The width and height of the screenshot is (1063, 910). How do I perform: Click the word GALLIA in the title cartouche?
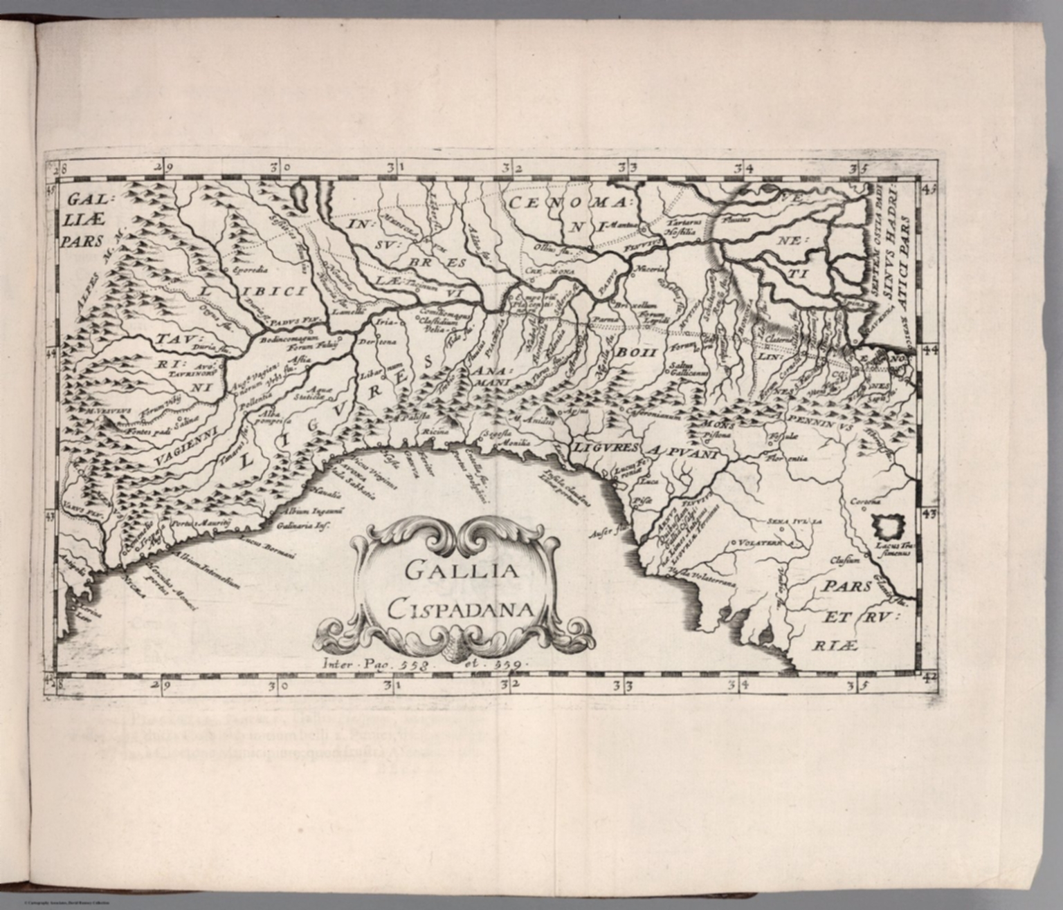460,571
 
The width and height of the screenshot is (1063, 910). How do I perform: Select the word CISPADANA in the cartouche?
460,609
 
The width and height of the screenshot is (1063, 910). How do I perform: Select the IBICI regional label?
273,291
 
